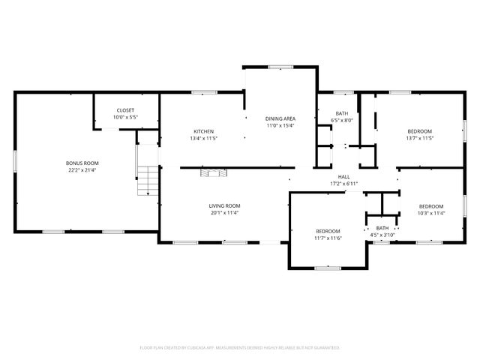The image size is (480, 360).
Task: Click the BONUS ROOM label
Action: tap(82, 163)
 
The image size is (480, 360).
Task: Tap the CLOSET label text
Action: tap(124, 110)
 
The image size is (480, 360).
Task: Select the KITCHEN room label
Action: tap(204, 131)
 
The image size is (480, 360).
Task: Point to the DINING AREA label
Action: tap(280, 118)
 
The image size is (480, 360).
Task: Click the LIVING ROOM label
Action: tap(224, 205)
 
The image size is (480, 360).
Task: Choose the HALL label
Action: tap(344, 177)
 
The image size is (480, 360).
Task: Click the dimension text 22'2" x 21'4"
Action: tap(82, 169)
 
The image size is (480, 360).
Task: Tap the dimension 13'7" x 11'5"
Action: tap(419, 138)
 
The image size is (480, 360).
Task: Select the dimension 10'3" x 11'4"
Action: tap(430, 213)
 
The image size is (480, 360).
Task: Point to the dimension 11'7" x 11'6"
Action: tap(328, 238)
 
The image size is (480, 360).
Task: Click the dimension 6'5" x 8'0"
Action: tap(342, 120)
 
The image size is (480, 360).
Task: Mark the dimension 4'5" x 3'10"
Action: tap(382, 235)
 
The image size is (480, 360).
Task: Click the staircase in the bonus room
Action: tap(148, 180)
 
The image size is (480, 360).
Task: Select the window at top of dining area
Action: tap(280, 67)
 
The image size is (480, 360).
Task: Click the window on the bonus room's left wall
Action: tap(15, 160)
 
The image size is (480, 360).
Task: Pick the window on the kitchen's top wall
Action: tap(203, 92)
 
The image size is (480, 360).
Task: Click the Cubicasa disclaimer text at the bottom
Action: tap(240, 347)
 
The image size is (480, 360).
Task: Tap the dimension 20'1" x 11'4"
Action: tap(224, 212)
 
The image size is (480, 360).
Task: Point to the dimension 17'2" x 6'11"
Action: tap(344, 184)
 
